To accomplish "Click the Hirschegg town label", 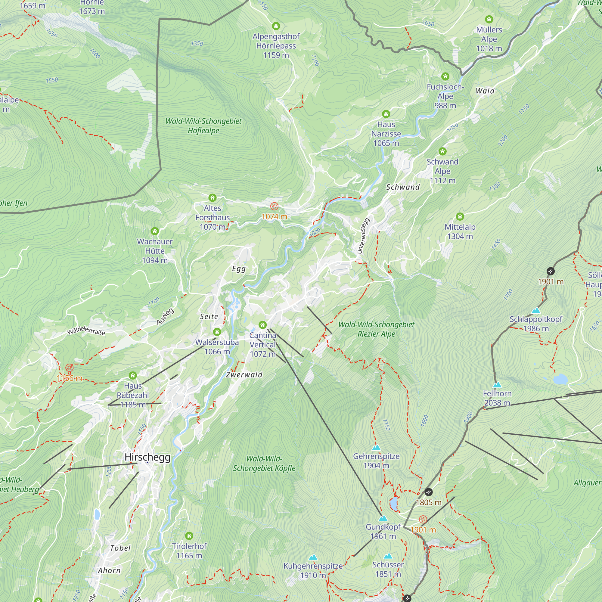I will coord(147,457).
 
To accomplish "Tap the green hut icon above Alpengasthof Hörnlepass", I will coord(276,26).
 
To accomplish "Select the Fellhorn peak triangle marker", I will coord(497,385).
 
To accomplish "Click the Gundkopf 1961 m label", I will coord(383,531).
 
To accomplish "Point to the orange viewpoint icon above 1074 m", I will coord(274,206).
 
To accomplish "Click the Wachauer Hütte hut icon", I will coord(155,231).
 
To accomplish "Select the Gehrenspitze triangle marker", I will coord(376,448).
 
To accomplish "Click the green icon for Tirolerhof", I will coord(189,536).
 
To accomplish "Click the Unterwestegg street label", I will coord(363,236).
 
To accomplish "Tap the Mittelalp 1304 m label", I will coord(460,231).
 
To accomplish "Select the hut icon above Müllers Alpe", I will coord(489,19).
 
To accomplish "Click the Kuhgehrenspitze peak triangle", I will coord(313,557).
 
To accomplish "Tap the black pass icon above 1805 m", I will coord(428,492).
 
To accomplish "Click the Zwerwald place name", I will coord(244,374).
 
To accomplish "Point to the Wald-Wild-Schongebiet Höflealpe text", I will coord(203,126).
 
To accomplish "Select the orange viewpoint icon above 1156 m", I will coord(70,368).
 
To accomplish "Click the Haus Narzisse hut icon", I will coord(386,114).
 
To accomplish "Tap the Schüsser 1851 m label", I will coord(388,569).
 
